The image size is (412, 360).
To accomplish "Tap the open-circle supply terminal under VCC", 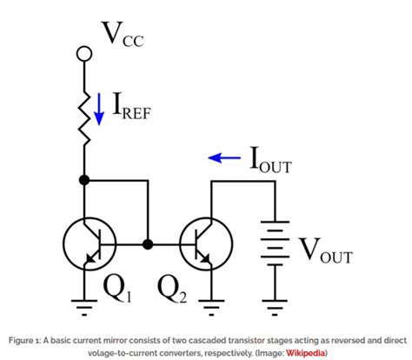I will coord(85,55).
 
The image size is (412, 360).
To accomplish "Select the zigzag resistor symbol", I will coord(85,111).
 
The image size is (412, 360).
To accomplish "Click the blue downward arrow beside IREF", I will coord(98,112).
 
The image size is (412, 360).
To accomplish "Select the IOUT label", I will coord(271,161).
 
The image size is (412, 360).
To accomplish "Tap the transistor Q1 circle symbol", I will coord(90,243).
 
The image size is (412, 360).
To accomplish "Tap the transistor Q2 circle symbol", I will coord(206,243).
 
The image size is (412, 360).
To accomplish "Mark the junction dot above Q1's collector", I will coord(85,180).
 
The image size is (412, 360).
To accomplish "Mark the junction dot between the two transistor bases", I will coord(149,244).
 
